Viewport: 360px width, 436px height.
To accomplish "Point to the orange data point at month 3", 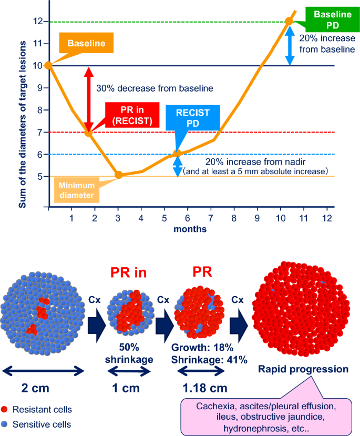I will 118,175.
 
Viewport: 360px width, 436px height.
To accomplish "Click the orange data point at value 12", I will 289,21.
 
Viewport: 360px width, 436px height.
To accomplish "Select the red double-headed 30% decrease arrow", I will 88,99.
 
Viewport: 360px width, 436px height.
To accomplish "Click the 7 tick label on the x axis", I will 210,217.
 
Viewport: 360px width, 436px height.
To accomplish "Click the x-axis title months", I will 190,229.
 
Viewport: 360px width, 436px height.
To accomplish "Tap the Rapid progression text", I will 303,369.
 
